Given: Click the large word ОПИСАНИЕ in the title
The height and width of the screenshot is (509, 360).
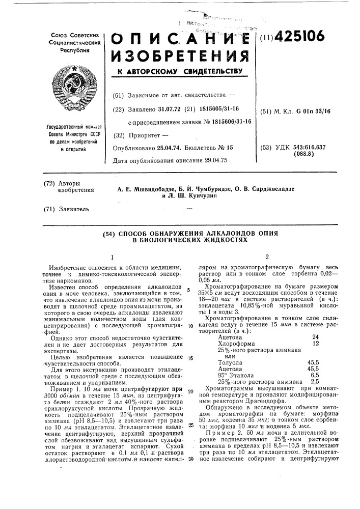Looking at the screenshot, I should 181,38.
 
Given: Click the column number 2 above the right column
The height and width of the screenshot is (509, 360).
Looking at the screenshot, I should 267,257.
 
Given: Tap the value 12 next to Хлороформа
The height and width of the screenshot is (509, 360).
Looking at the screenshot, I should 316,344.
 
